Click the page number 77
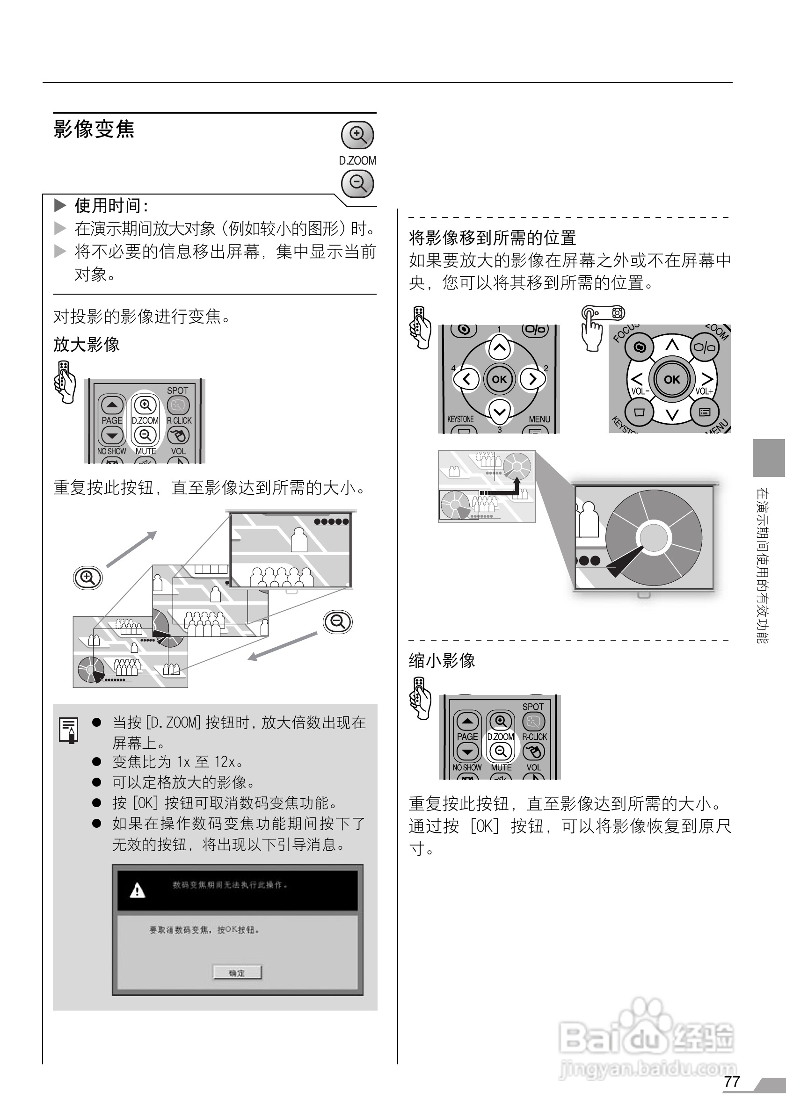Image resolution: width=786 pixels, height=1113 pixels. pyautogui.click(x=731, y=1081)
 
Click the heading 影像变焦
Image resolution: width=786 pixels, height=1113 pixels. pyautogui.click(x=94, y=129)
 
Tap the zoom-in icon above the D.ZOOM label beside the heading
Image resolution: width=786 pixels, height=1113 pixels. pyautogui.click(x=357, y=134)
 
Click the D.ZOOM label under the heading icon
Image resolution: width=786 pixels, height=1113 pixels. pyautogui.click(x=357, y=160)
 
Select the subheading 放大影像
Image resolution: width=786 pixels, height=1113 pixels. pyautogui.click(x=86, y=345)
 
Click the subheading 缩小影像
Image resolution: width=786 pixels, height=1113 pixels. pyautogui.click(x=442, y=660)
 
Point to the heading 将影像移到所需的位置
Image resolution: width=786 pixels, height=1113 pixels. pyautogui.click(x=492, y=238)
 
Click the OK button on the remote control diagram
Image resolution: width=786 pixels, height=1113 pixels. pyautogui.click(x=499, y=379)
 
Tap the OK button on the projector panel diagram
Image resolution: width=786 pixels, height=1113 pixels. pyautogui.click(x=671, y=379)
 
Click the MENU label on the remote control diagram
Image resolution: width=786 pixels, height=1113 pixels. pyautogui.click(x=539, y=419)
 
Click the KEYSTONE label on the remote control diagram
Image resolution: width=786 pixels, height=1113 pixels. pyautogui.click(x=460, y=419)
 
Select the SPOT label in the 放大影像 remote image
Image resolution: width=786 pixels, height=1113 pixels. pyautogui.click(x=177, y=390)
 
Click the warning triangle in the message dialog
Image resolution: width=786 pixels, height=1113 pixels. pyautogui.click(x=138, y=890)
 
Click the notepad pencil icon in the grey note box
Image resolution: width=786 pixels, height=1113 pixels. pyautogui.click(x=69, y=730)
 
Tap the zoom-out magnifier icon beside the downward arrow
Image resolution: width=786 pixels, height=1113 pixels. pyautogui.click(x=338, y=622)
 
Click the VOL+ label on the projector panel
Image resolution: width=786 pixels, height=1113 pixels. pyautogui.click(x=704, y=391)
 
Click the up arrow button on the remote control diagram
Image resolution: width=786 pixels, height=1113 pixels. pyautogui.click(x=499, y=347)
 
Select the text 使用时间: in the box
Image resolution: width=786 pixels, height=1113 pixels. pyautogui.click(x=110, y=206)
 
